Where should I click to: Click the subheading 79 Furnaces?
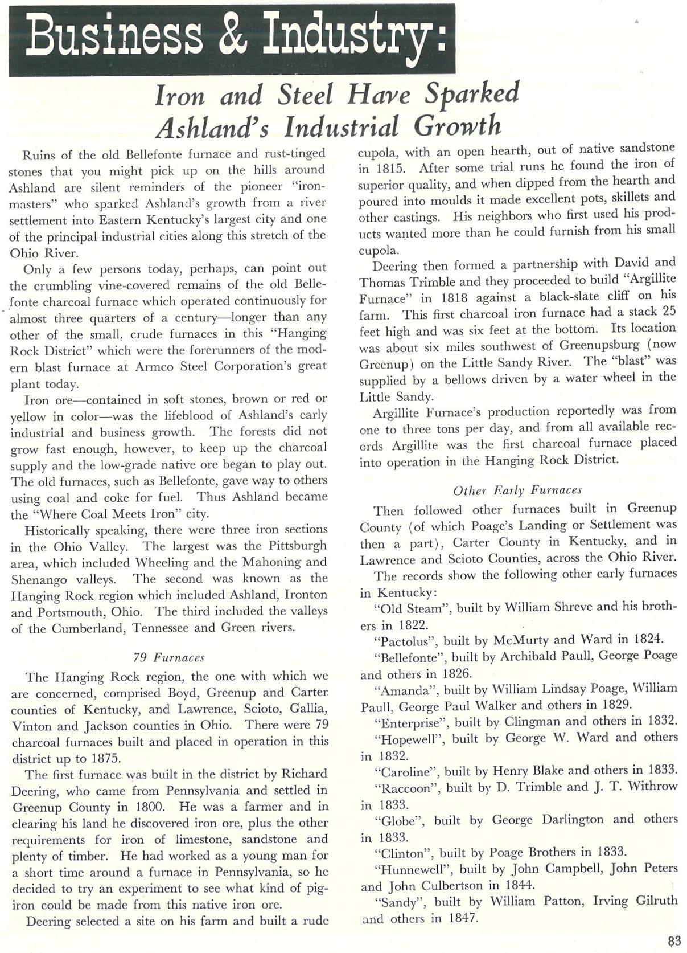coord(168,657)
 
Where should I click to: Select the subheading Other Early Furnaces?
coord(517,490)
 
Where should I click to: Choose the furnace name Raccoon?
coord(408,787)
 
